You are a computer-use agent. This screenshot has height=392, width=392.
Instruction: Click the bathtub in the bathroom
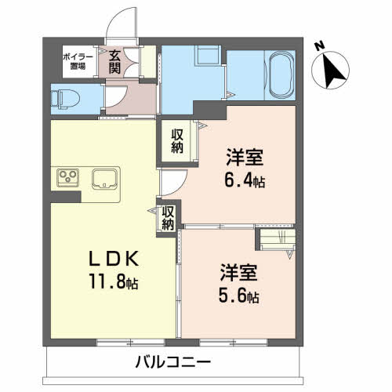pyautogui.click(x=282, y=74)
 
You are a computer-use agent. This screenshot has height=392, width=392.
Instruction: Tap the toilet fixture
pyautogui.click(x=65, y=100)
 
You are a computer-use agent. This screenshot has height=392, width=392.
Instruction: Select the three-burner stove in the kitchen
pyautogui.click(x=68, y=178)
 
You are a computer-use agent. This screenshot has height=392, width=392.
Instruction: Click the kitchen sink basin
pyautogui.click(x=104, y=179)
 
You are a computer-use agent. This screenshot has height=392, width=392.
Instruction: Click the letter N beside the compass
pyautogui.click(x=319, y=46)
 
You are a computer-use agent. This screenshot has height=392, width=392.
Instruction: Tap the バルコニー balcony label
pyautogui.click(x=173, y=362)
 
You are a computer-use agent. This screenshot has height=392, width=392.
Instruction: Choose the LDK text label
pyautogui.click(x=114, y=258)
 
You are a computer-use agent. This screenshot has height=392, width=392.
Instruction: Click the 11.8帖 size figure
pyautogui.click(x=114, y=281)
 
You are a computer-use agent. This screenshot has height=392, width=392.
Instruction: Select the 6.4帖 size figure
pyautogui.click(x=245, y=180)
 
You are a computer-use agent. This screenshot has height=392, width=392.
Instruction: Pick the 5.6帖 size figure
pyautogui.click(x=239, y=296)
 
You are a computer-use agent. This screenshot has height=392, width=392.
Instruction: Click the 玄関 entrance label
pyautogui.click(x=114, y=62)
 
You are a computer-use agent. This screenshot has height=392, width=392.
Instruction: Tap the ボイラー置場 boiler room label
pyautogui.click(x=78, y=61)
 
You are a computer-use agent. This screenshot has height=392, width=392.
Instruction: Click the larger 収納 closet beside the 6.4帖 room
pyautogui.click(x=177, y=141)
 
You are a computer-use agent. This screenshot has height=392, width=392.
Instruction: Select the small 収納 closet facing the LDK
pyautogui.click(x=168, y=218)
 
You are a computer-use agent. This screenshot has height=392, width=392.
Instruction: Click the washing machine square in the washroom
pyautogui.click(x=208, y=55)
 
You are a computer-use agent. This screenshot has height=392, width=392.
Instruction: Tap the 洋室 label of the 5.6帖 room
pyautogui.click(x=239, y=273)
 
